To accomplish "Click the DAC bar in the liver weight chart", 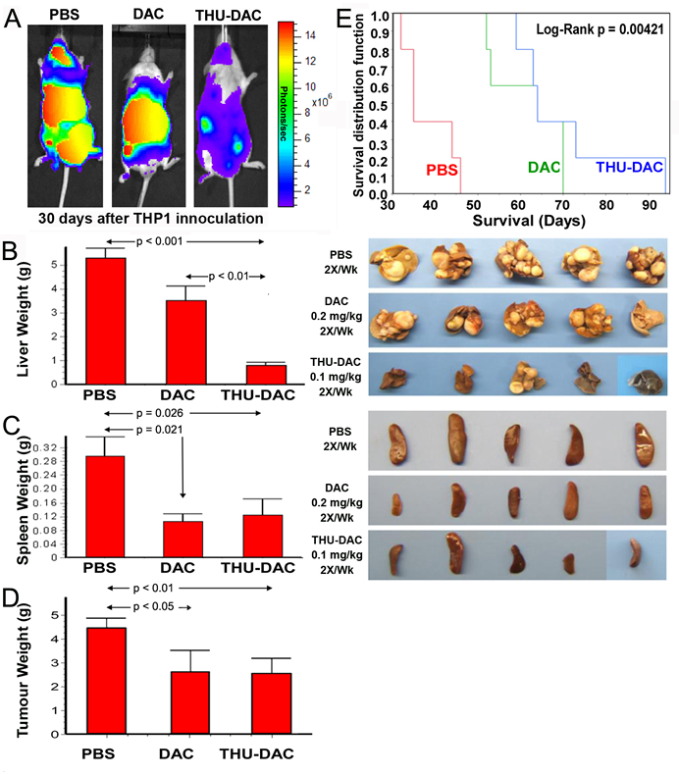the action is point(186,342).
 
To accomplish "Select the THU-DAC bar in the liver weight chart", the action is point(266,375).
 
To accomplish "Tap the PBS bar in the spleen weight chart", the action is point(105,506).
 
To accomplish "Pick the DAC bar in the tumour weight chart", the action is point(190,702).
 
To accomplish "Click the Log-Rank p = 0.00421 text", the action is point(600,29).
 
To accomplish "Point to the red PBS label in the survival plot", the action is point(443,170).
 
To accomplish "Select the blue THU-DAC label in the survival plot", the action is point(629,167).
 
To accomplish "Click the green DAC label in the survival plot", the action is point(544,168).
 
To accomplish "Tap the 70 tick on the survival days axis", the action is point(563,205).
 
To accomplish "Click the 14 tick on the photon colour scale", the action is point(310,35).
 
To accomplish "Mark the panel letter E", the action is point(344,20).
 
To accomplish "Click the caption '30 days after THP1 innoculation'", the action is point(151,219).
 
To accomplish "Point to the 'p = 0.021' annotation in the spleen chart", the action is point(159,430).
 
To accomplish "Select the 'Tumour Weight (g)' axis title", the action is point(23,672).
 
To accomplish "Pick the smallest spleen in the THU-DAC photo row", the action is point(569,563).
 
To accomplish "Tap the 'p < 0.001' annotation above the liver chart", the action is point(159,241).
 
